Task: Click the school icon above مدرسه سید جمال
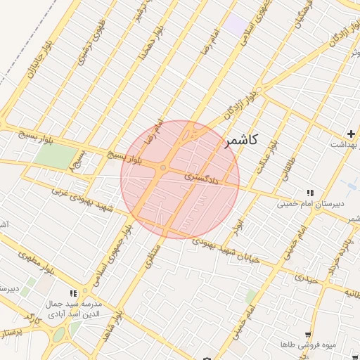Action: (73, 293)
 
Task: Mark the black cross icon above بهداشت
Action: (350, 134)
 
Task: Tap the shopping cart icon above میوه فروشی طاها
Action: (307, 335)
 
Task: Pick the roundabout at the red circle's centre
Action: (163, 168)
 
